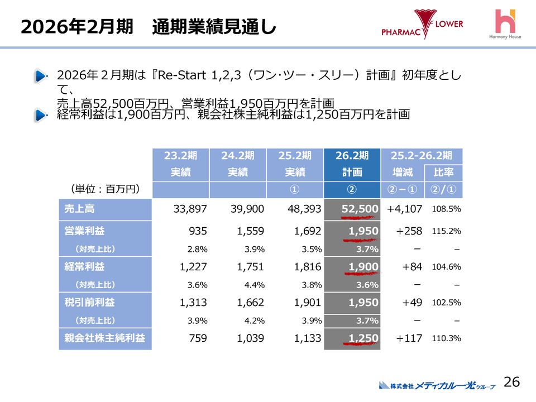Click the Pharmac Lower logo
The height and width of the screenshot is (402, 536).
tap(422, 25)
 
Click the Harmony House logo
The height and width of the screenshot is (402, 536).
tap(505, 26)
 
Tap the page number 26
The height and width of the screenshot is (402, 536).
tap(511, 382)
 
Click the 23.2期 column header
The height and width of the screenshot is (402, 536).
tap(180, 155)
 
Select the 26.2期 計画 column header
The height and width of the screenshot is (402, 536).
tap(352, 164)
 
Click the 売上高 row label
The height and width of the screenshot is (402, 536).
tap(105, 209)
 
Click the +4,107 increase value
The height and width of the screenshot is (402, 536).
tap(404, 209)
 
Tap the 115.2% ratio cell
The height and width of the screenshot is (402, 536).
tap(446, 231)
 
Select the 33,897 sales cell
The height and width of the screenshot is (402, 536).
tap(190, 209)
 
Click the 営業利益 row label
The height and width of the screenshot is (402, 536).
tap(105, 231)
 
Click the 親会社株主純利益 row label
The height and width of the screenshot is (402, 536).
tap(105, 338)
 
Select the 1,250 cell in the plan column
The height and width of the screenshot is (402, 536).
tap(363, 338)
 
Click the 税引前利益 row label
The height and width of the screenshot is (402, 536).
tap(105, 302)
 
